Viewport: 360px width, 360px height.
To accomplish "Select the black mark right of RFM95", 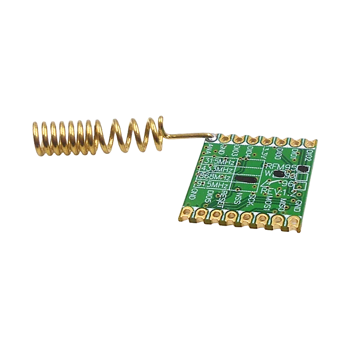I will pyautogui.click(x=302, y=169).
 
